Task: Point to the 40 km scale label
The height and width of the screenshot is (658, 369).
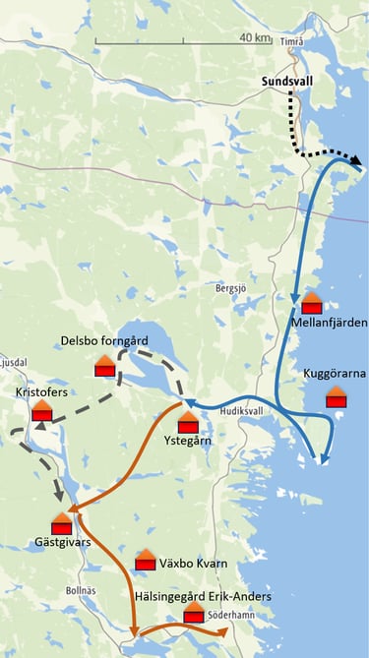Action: (x=255, y=37)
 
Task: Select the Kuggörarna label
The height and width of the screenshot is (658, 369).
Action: (x=335, y=375)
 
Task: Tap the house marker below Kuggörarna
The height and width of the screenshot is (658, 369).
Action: (x=337, y=396)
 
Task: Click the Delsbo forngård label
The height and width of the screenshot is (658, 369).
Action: (x=103, y=340)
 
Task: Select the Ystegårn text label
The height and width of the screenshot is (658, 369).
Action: (x=188, y=440)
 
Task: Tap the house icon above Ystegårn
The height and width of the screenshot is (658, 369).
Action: (x=189, y=421)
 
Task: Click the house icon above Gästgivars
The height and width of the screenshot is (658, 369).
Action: (x=61, y=523)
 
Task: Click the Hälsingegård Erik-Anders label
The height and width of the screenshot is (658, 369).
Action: (x=203, y=596)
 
